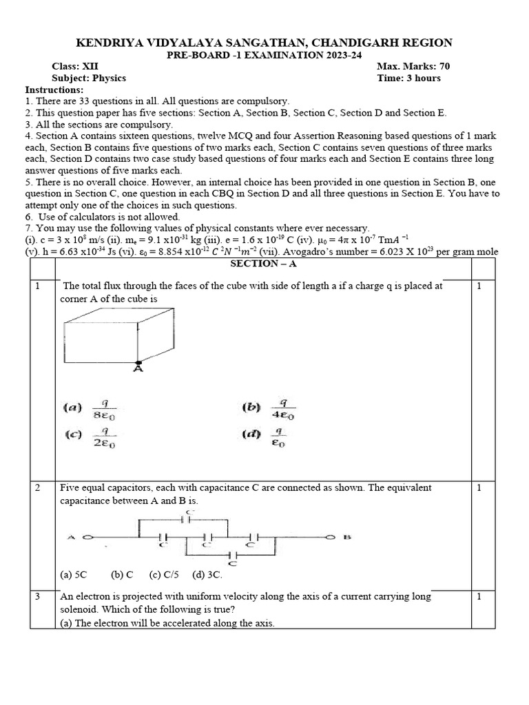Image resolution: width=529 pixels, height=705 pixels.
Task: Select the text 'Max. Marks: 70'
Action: [x=413, y=66]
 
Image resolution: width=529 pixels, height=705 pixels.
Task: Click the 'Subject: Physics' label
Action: [x=89, y=78]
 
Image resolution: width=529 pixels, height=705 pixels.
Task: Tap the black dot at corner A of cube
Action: [x=138, y=362]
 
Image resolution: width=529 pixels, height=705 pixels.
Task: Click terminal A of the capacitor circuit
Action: [x=87, y=537]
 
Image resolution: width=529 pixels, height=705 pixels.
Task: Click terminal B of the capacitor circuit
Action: [x=331, y=537]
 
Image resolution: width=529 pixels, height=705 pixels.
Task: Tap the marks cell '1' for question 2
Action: [x=479, y=487]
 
